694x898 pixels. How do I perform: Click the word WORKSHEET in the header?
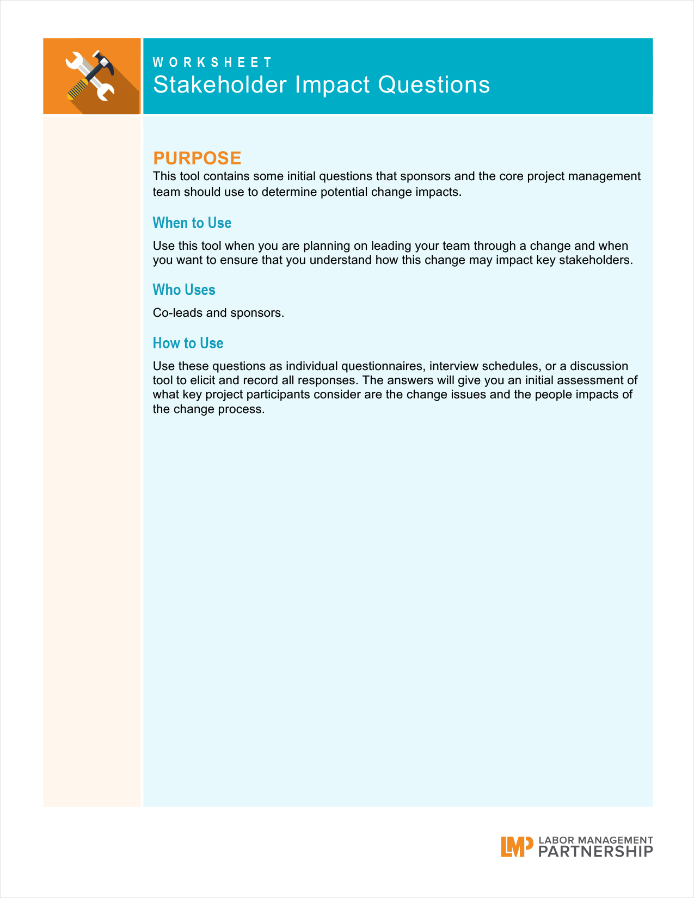click(212, 63)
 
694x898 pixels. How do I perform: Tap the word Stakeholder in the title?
click(220, 85)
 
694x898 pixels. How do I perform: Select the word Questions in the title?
click(434, 85)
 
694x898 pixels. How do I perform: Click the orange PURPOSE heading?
click(197, 158)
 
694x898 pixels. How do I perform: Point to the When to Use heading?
click(192, 223)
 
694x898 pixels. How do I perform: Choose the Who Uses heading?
click(184, 290)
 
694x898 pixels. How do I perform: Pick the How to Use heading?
click(188, 343)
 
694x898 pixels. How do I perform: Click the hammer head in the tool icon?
click(103, 61)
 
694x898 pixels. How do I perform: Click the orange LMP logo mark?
click(517, 847)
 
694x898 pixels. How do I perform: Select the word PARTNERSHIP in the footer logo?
click(595, 852)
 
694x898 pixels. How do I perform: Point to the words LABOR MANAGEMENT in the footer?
click(595, 840)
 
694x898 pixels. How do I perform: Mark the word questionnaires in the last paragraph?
click(382, 366)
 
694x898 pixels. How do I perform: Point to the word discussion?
click(599, 366)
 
